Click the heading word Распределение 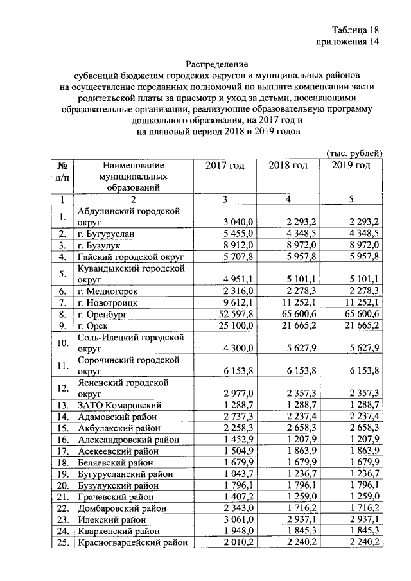(216, 64)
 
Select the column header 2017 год (225, 166)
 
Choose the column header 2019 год (351, 166)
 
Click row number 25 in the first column (63, 542)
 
